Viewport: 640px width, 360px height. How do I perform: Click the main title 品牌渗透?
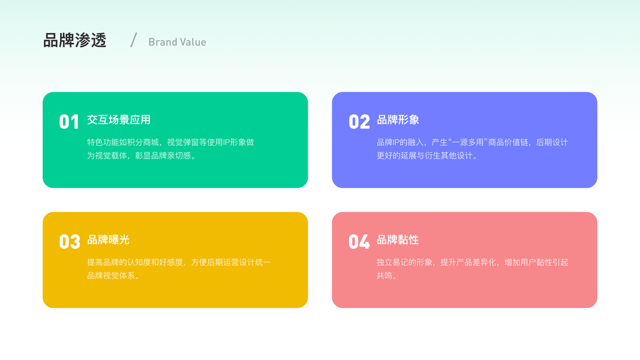point(75,40)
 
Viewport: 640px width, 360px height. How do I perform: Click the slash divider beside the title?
point(134,40)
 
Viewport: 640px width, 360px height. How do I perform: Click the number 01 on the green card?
point(69,122)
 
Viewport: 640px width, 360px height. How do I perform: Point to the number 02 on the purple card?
point(359,122)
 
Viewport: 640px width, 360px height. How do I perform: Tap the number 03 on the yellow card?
point(70,242)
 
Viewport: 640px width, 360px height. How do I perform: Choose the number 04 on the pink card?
point(359,242)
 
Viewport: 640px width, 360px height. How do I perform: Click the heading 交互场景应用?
point(119,119)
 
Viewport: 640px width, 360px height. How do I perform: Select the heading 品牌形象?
point(398,119)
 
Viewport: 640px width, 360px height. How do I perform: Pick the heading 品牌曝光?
point(108,239)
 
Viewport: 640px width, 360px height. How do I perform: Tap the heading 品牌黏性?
point(398,239)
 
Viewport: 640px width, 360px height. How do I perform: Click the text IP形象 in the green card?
point(235,142)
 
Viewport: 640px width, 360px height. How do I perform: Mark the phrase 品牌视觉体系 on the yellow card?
point(111,275)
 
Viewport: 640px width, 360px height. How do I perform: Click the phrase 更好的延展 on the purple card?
point(396,155)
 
